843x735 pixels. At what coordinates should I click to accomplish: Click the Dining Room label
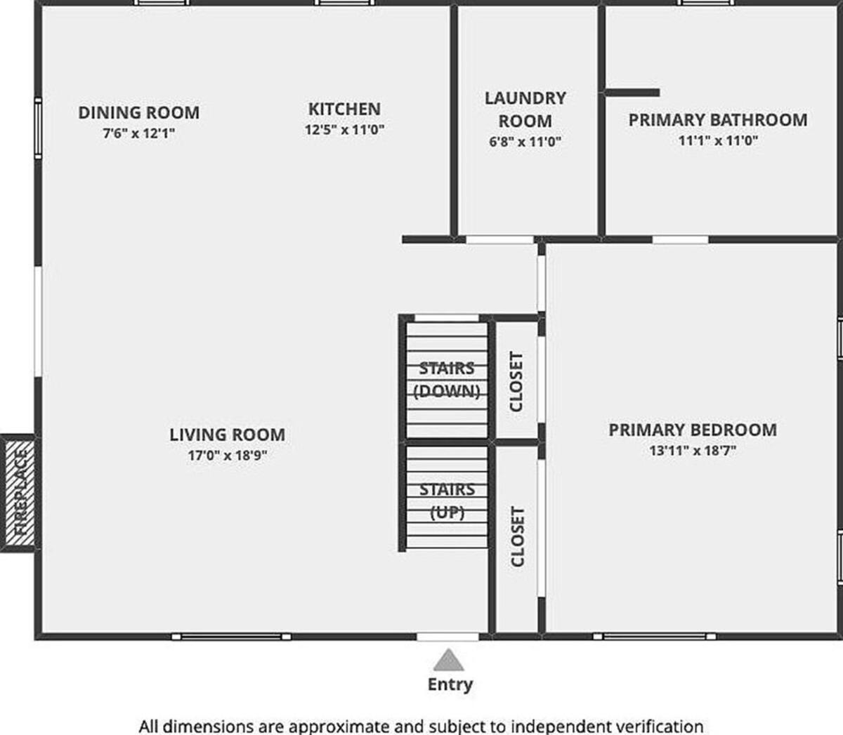[x=139, y=112]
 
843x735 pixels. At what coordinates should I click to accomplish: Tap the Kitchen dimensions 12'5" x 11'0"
[x=344, y=130]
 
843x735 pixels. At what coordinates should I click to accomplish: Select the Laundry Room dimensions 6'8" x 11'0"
[x=525, y=142]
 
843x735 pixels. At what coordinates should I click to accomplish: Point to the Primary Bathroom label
[x=718, y=120]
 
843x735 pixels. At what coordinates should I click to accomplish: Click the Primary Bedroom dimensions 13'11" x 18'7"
[x=693, y=451]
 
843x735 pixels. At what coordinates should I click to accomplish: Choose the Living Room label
[x=228, y=435]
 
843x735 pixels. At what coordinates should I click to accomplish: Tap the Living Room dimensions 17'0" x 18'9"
[x=228, y=456]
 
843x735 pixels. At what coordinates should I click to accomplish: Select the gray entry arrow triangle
[x=448, y=660]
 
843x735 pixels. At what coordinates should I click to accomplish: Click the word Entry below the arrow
[x=450, y=684]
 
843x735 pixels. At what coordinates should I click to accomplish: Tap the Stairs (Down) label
[x=447, y=380]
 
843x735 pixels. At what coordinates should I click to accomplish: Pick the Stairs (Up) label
[x=447, y=501]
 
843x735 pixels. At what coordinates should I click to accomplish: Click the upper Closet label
[x=516, y=381]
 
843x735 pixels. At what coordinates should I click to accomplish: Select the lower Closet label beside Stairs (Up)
[x=517, y=536]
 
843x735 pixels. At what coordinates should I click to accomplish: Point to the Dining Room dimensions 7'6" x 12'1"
[x=139, y=133]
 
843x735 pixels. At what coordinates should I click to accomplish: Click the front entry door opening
[x=447, y=637]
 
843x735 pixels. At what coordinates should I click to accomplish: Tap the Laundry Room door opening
[x=499, y=239]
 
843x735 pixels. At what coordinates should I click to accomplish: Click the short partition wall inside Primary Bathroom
[x=632, y=93]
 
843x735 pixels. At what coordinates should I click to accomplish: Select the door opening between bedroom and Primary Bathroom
[x=680, y=239]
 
